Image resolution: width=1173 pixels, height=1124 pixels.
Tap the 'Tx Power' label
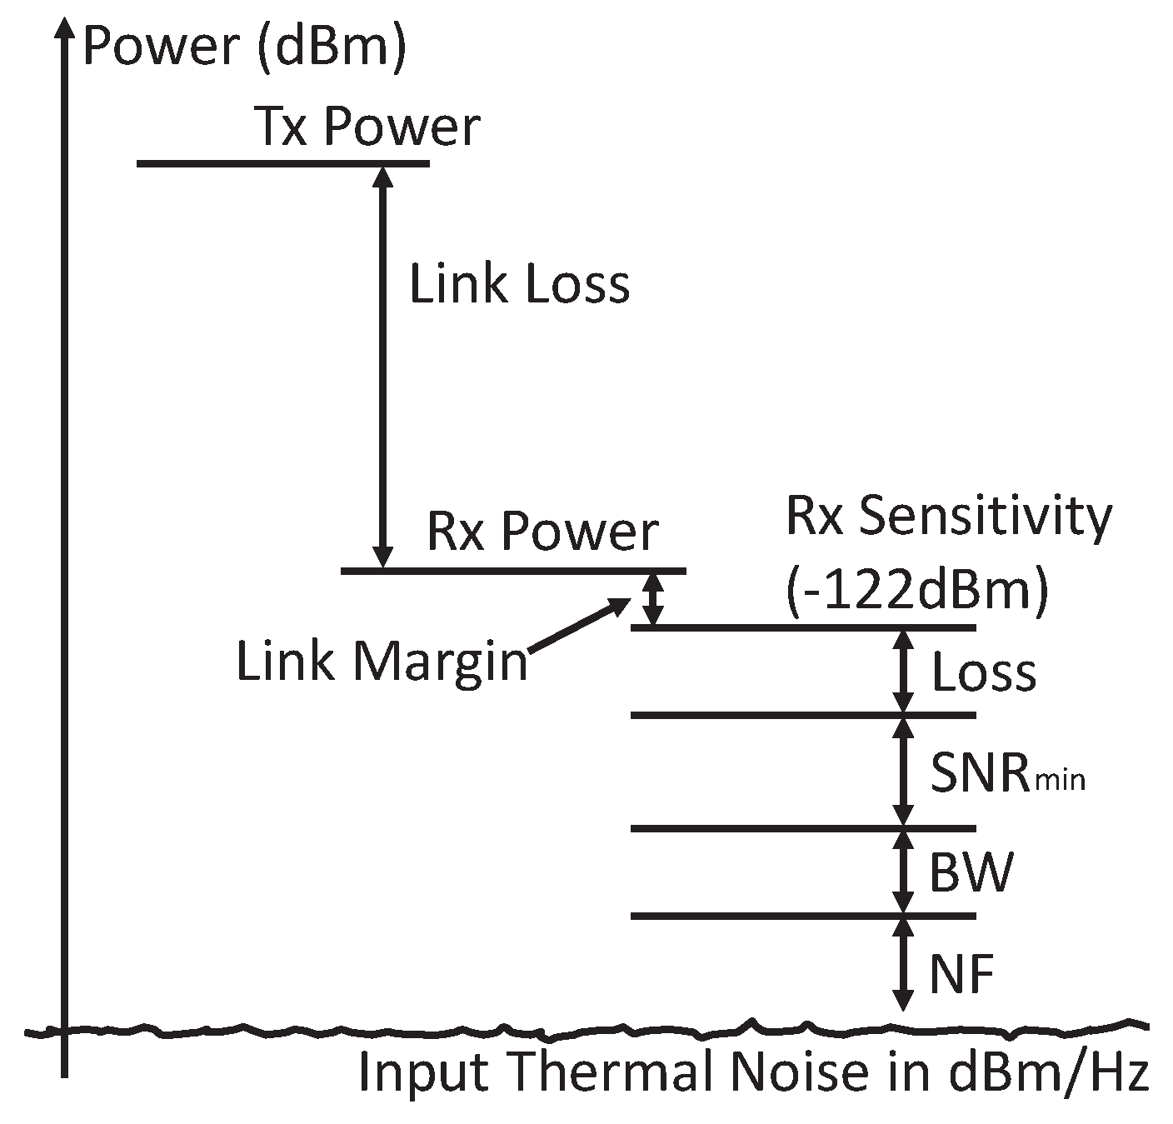(367, 127)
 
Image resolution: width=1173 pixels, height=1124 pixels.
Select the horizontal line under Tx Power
(282, 163)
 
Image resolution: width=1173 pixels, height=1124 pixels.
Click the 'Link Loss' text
(519, 284)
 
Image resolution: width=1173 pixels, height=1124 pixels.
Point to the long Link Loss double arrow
(382, 367)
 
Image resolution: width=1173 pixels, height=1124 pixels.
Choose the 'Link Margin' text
(382, 662)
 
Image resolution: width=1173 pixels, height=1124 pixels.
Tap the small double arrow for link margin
(655, 599)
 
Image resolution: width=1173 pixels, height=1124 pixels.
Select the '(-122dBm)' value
(916, 591)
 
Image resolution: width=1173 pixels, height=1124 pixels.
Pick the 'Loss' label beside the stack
(983, 672)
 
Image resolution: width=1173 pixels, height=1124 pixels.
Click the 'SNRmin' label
(1006, 774)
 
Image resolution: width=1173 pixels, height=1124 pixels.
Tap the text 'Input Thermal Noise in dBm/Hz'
(753, 1073)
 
